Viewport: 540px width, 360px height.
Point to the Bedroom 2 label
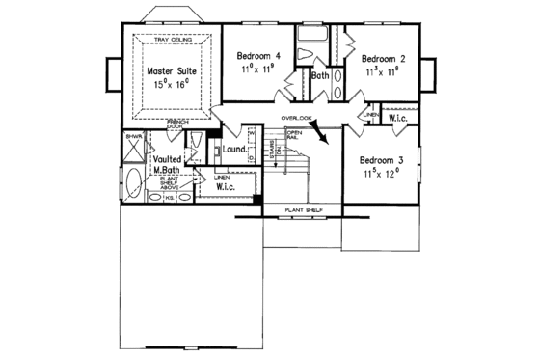(x=383, y=58)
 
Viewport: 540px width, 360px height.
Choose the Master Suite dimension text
(x=171, y=86)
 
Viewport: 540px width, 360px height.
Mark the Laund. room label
(x=235, y=151)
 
